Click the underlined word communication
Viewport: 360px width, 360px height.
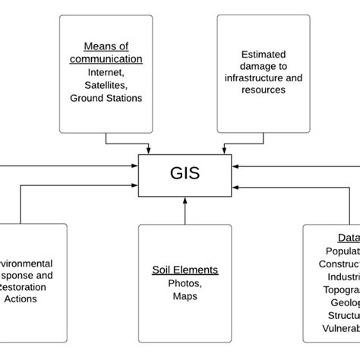click(x=106, y=58)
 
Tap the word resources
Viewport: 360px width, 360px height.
click(x=263, y=90)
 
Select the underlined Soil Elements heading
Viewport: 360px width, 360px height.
click(x=185, y=270)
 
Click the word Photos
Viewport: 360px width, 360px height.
click(x=185, y=283)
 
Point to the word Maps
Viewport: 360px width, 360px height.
click(x=185, y=295)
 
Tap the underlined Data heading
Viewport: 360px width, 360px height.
click(x=348, y=237)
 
